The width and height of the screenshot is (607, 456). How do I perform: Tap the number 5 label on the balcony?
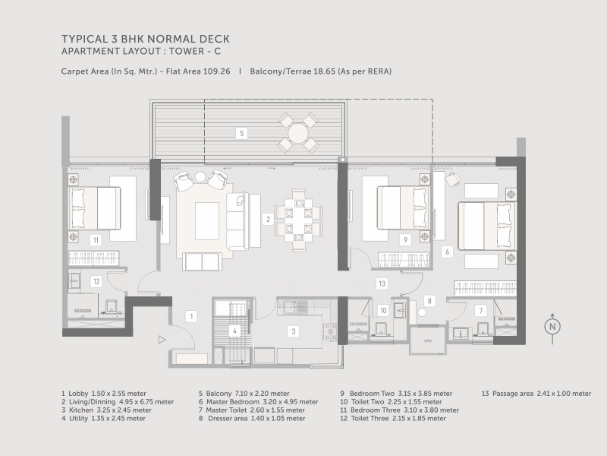coord(241,133)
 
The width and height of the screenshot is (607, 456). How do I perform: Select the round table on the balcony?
coord(297,133)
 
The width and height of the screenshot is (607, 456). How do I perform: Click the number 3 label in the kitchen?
coord(294,331)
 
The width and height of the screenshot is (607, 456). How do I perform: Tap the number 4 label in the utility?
coord(235,331)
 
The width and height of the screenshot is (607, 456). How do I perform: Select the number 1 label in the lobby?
coord(193,315)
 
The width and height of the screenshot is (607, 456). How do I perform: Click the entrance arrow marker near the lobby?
coord(160,340)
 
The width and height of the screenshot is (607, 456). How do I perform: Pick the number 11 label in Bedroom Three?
coord(96,239)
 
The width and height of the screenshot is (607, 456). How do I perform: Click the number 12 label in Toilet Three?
coord(96,281)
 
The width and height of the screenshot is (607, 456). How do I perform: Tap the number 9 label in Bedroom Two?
coord(405,239)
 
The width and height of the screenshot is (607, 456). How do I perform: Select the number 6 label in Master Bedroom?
coord(448,251)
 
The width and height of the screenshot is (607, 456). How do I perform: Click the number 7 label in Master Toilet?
coord(480,310)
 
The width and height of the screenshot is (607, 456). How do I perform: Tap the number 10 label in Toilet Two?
coord(383,310)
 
